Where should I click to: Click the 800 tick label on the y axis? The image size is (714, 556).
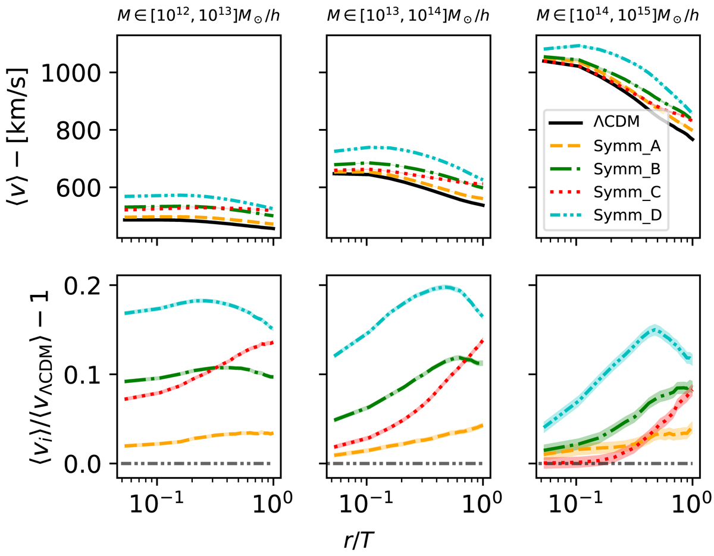83,130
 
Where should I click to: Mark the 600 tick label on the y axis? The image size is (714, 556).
83,188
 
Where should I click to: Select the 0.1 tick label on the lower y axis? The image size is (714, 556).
83,374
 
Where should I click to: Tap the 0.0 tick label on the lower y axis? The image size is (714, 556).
83,463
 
